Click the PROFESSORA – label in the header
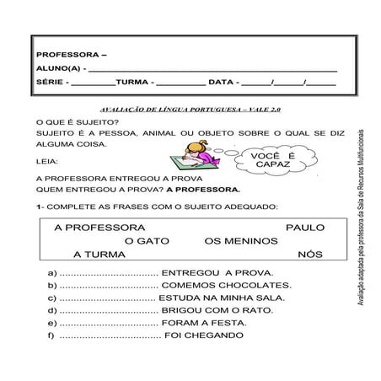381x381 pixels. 67,52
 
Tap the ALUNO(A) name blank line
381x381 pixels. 211,68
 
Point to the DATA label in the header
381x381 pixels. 222,83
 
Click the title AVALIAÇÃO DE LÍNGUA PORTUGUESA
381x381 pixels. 190,110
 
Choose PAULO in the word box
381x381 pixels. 305,228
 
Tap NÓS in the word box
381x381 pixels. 310,255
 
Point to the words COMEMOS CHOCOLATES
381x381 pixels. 227,286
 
